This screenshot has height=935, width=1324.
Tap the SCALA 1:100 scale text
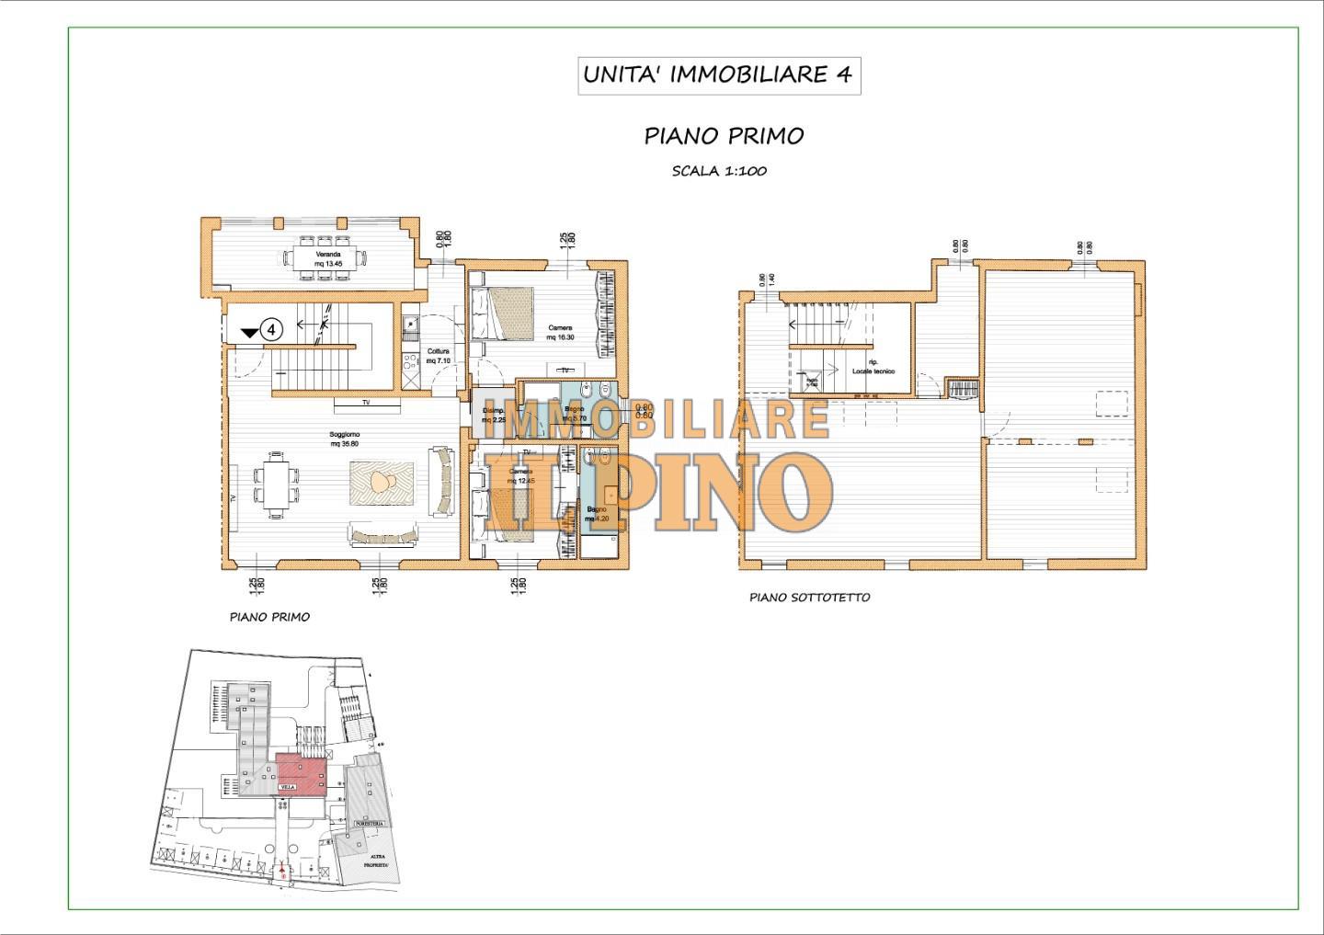point(719,171)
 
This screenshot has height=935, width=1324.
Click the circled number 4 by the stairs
point(272,328)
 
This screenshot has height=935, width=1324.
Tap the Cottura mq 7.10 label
point(438,356)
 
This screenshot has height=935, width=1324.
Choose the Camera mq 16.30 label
point(560,332)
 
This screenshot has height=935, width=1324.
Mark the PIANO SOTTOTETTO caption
point(809,598)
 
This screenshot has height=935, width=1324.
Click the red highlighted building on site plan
point(301,771)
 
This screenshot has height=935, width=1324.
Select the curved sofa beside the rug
point(443,480)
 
